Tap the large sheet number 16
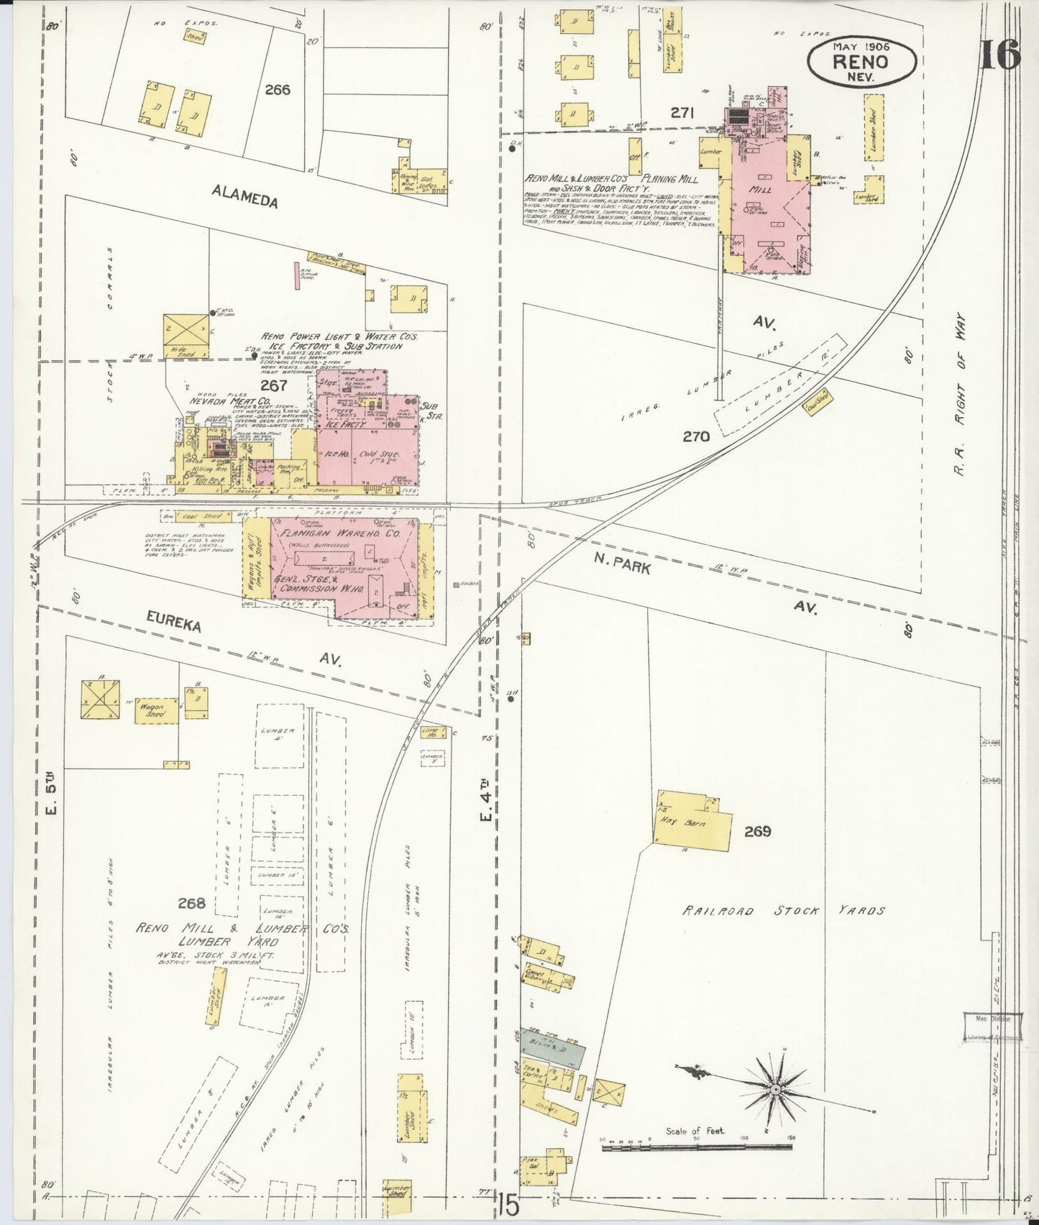[x=999, y=54]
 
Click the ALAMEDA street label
[x=244, y=195]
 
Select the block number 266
[x=277, y=90]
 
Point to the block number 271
[x=682, y=112]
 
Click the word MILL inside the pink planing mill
[x=760, y=190]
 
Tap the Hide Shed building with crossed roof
[x=185, y=335]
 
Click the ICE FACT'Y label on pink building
[x=347, y=425]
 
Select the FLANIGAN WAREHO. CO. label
[x=341, y=534]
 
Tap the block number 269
[x=757, y=831]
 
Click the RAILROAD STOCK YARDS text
[x=783, y=911]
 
